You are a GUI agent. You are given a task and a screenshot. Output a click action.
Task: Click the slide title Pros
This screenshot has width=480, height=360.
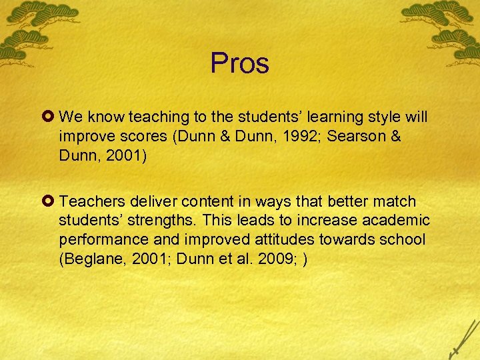pyautogui.click(x=240, y=63)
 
